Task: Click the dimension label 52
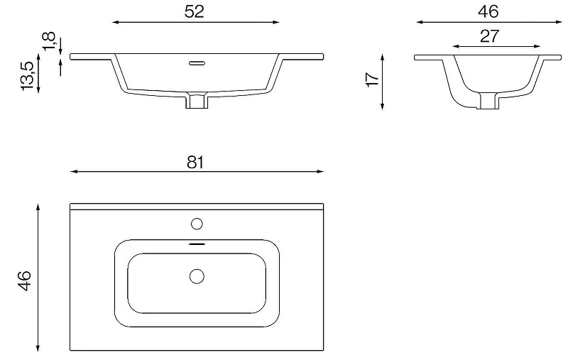pos(195,11)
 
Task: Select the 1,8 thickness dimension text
pos(49,42)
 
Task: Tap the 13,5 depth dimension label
pos(28,76)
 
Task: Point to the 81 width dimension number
pos(195,163)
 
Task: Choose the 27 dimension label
pos(490,36)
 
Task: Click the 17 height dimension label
pos(373,80)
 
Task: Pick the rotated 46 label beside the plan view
pos(25,280)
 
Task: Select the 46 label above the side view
pos(488,11)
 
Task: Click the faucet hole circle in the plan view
pos(197,224)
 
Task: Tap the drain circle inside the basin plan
pos(197,276)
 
